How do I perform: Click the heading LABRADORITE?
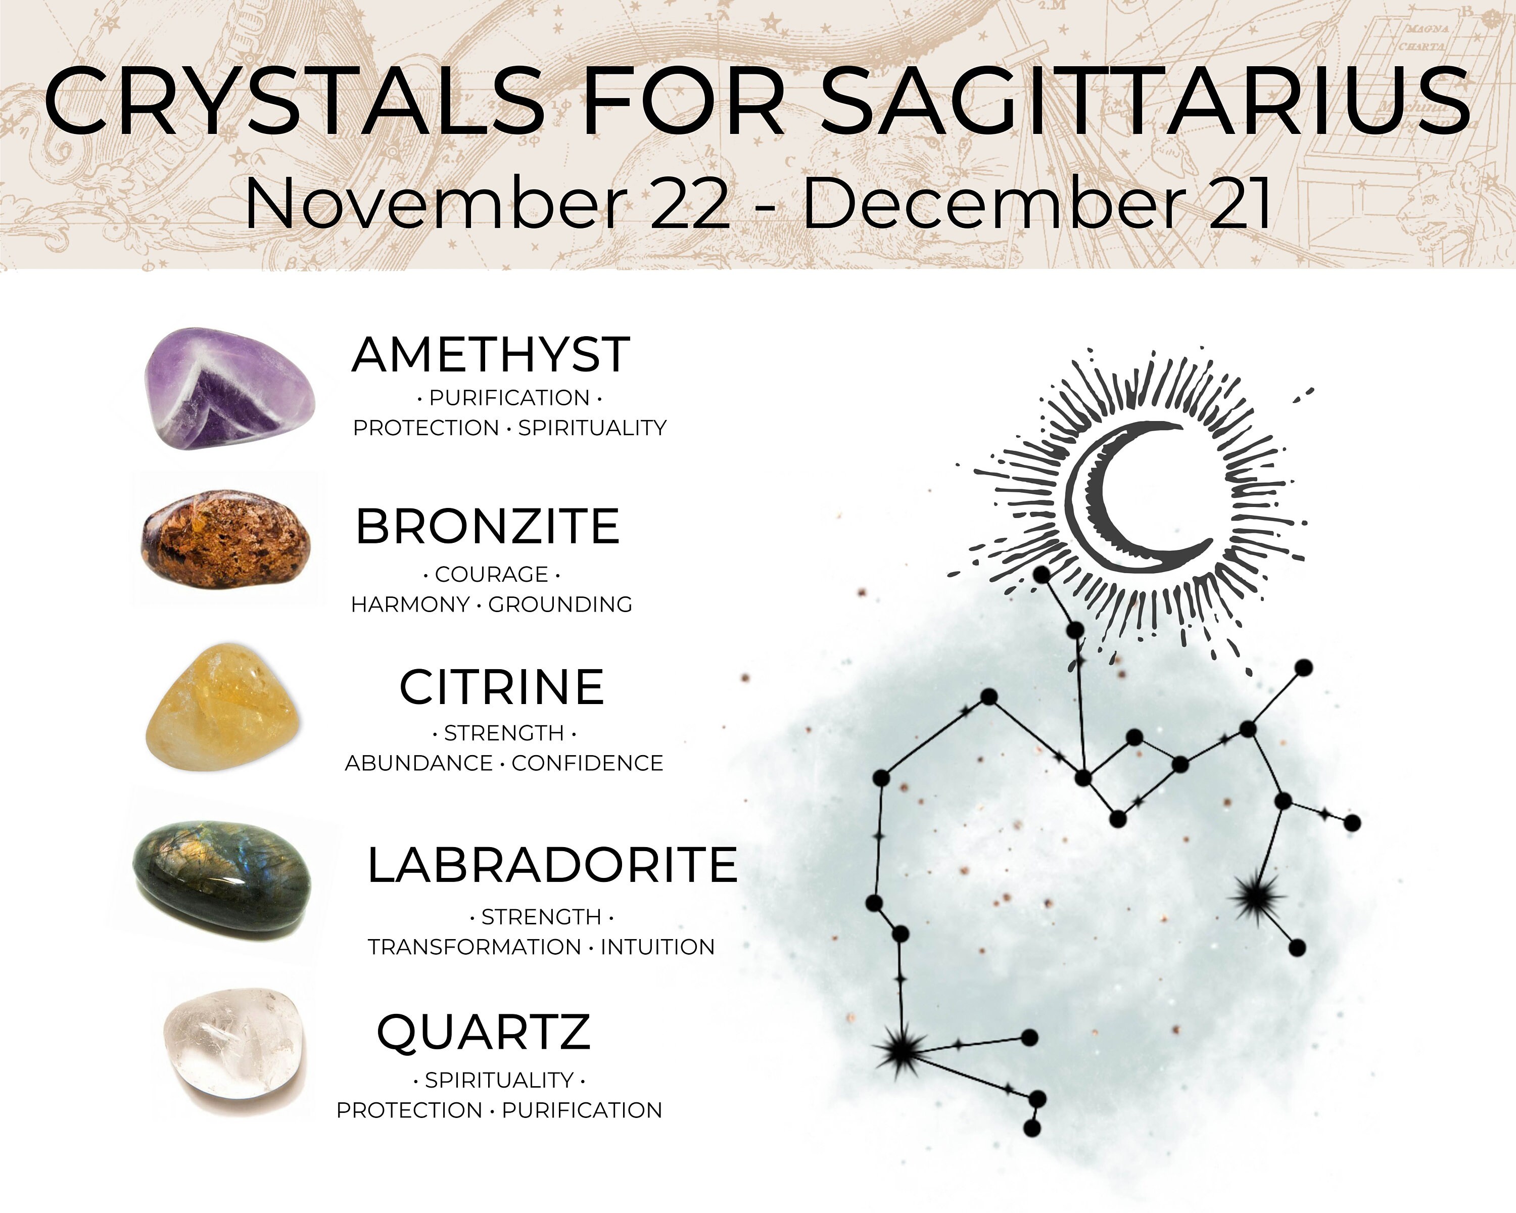[x=552, y=864]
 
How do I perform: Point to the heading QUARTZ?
[x=484, y=1032]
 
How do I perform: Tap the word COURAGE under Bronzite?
[x=492, y=575]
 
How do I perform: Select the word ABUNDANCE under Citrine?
[x=418, y=763]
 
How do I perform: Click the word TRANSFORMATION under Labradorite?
[x=475, y=947]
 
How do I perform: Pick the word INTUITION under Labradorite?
[x=657, y=947]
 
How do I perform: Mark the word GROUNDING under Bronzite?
[x=560, y=605]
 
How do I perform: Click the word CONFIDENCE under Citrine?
[x=587, y=763]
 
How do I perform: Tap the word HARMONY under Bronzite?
[x=410, y=605]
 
